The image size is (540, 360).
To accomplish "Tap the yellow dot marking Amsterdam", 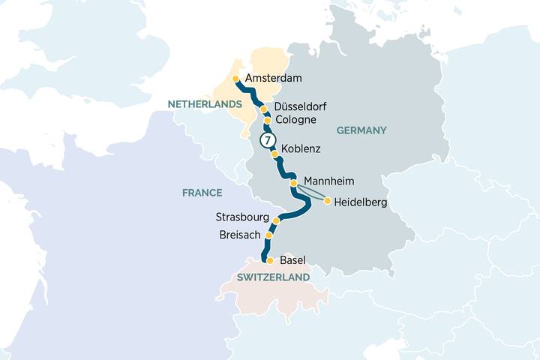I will pyautogui.click(x=235, y=79).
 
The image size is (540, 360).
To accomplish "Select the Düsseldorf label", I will pyautogui.click(x=300, y=106).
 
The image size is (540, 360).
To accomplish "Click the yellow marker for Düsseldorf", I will pyautogui.click(x=263, y=109).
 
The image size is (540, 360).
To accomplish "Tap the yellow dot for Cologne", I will pyautogui.click(x=266, y=120).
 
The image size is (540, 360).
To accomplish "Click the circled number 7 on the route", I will pyautogui.click(x=266, y=140).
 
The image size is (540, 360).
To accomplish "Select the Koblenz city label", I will pyautogui.click(x=301, y=149).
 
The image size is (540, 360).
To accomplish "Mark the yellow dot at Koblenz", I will pyautogui.click(x=274, y=154).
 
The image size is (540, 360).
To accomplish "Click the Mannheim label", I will pyautogui.click(x=329, y=181).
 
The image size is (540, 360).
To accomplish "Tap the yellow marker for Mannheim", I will pyautogui.click(x=293, y=183).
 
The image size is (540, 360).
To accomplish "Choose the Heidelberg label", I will pyautogui.click(x=361, y=201).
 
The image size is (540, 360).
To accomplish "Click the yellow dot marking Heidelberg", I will pyautogui.click(x=327, y=200).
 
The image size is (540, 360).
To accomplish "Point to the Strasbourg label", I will pyautogui.click(x=241, y=217).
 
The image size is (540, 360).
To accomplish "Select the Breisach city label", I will pyautogui.click(x=241, y=235).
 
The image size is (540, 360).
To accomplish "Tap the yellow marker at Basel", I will pyautogui.click(x=270, y=261).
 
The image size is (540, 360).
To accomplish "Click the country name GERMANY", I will pyautogui.click(x=361, y=130).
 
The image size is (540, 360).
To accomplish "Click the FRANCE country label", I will pyautogui.click(x=202, y=193).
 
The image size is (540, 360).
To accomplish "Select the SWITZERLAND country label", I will pyautogui.click(x=273, y=277).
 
